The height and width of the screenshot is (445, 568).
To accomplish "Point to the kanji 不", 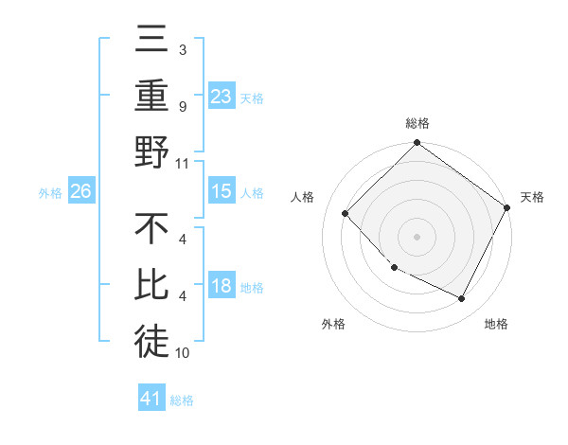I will (x=151, y=230).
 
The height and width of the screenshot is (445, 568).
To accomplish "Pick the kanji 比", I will (x=151, y=287).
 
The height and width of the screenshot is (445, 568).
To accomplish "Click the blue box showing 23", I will (x=222, y=96).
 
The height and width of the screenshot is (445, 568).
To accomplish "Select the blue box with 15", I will (x=222, y=191).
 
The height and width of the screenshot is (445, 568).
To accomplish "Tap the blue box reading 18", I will (x=222, y=286).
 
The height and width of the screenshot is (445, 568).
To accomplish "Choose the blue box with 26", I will (x=81, y=191).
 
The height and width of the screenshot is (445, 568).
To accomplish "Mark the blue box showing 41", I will (x=151, y=399).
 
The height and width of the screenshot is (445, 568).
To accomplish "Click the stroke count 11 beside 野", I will (x=183, y=163).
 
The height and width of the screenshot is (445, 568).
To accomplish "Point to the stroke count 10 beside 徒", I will (x=183, y=353).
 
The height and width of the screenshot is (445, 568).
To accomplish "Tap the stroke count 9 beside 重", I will (x=183, y=106).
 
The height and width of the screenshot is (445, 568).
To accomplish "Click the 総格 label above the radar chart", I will (x=417, y=123).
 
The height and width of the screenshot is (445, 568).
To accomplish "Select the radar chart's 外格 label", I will (x=333, y=325).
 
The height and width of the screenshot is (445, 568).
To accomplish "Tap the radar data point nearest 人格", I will (x=346, y=213).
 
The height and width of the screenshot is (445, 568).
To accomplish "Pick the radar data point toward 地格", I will (x=462, y=299).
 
